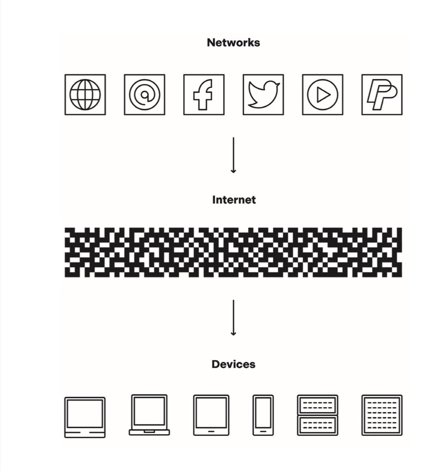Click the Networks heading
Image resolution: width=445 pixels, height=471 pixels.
click(x=233, y=42)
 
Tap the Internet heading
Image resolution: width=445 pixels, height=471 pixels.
click(x=234, y=200)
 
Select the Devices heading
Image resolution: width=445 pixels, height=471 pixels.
click(x=233, y=364)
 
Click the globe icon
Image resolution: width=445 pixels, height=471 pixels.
click(x=85, y=95)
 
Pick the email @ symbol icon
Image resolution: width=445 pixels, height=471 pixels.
click(x=144, y=95)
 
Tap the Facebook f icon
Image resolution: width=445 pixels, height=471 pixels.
click(x=204, y=95)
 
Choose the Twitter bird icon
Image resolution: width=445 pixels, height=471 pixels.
click(x=263, y=95)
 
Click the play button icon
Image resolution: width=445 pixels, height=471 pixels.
click(x=322, y=95)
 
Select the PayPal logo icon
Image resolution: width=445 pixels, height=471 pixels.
click(x=382, y=95)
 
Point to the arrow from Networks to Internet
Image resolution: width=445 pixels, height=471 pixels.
click(x=233, y=155)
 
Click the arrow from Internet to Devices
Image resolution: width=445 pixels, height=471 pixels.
click(x=233, y=318)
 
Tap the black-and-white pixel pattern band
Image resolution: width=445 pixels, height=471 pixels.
click(x=233, y=252)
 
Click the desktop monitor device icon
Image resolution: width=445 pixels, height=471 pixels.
click(x=85, y=417)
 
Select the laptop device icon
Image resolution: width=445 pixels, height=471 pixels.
click(x=149, y=415)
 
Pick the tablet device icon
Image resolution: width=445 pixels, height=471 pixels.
click(x=211, y=415)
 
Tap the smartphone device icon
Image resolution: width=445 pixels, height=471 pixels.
click(x=263, y=415)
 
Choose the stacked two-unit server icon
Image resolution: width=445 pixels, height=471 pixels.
click(x=317, y=415)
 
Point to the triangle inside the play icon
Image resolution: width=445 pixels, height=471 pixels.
click(x=323, y=95)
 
